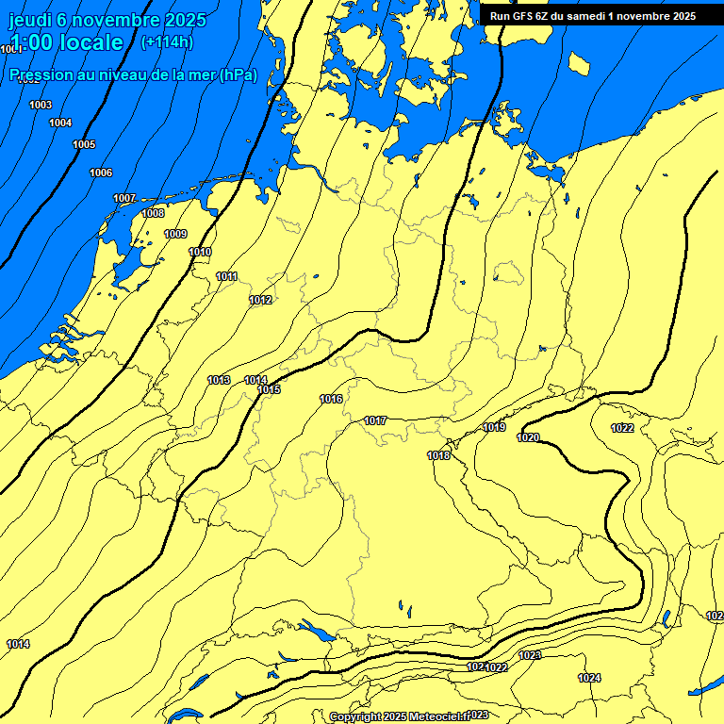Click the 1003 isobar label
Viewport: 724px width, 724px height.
click(x=41, y=105)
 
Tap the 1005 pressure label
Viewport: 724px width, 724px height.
click(x=84, y=144)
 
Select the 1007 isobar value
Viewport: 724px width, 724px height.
click(x=124, y=198)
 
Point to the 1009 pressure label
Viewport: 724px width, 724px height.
click(x=175, y=234)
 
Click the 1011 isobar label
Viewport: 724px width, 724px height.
click(x=226, y=276)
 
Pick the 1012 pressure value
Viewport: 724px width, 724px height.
click(x=260, y=300)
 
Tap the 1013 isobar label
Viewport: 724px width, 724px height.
click(x=219, y=380)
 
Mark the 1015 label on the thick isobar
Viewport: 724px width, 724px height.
click(x=270, y=389)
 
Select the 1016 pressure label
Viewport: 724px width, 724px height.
click(x=331, y=399)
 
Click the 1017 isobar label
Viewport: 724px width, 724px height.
click(x=375, y=420)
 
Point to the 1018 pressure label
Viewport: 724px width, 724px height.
click(x=438, y=455)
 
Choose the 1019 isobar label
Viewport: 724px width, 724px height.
click(x=494, y=427)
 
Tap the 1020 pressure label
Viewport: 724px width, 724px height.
click(x=528, y=437)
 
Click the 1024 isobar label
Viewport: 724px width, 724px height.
click(x=589, y=678)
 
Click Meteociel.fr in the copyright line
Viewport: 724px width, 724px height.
click(x=437, y=716)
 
